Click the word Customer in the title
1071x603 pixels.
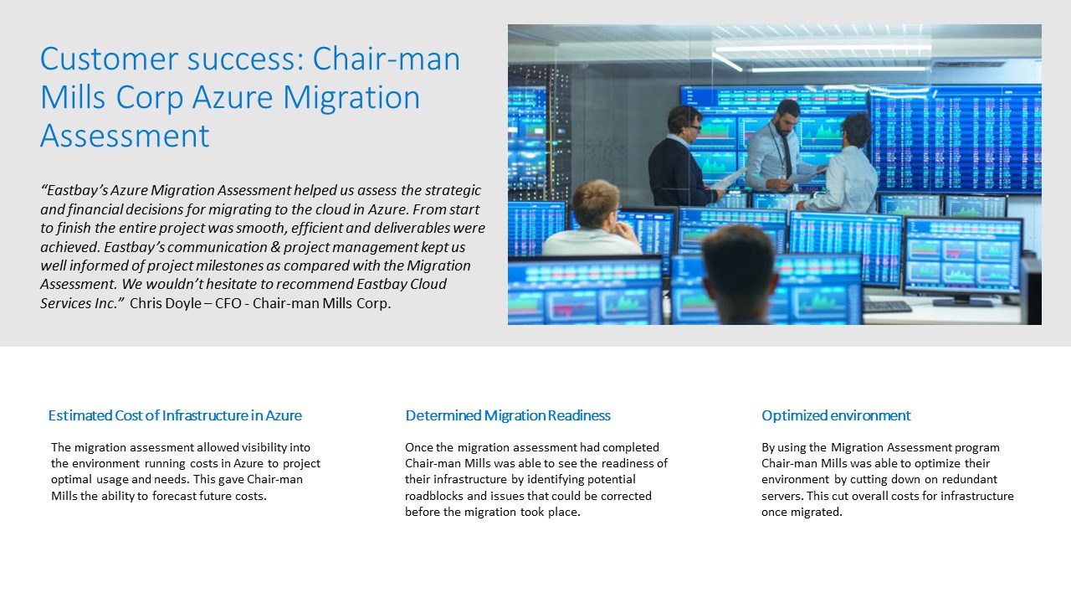[x=109, y=59]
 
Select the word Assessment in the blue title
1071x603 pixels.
[x=125, y=136]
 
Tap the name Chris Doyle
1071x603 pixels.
[x=166, y=303]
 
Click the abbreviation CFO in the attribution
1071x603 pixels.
[x=228, y=303]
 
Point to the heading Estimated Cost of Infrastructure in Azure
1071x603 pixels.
[x=175, y=415]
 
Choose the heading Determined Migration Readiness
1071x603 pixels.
[x=508, y=415]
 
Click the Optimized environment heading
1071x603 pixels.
[x=836, y=415]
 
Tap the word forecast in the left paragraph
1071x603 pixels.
[x=173, y=496]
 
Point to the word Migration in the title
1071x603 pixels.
[x=351, y=97]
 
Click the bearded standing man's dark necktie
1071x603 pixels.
[x=786, y=155]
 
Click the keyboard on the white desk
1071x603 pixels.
[x=888, y=306]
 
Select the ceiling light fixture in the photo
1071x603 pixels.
[x=822, y=59]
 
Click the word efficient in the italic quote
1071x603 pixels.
[x=316, y=228]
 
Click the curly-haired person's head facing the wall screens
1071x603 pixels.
[x=856, y=130]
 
